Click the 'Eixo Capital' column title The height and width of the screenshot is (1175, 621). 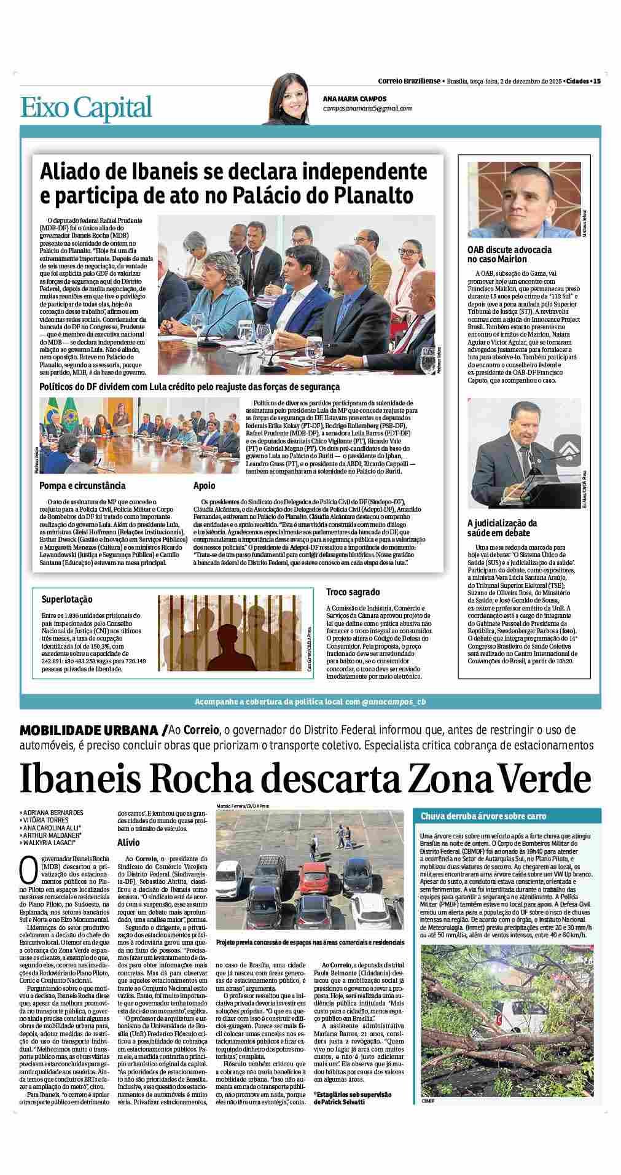pyautogui.click(x=86, y=107)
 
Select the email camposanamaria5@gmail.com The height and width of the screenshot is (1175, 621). pyautogui.click(x=367, y=108)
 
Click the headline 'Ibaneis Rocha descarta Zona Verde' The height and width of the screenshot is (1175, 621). pyautogui.click(x=305, y=779)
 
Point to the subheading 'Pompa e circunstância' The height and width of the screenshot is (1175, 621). pyautogui.click(x=82, y=486)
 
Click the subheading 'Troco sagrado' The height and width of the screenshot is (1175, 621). pyautogui.click(x=353, y=592)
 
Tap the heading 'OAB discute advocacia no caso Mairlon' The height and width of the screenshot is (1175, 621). pyautogui.click(x=509, y=254)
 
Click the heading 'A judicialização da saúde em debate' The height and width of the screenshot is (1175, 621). pyautogui.click(x=502, y=528)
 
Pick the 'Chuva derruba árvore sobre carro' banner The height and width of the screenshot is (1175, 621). pyautogui.click(x=483, y=816)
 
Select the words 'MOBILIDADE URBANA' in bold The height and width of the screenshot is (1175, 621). pyautogui.click(x=90, y=730)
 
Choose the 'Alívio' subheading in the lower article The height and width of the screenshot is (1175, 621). pyautogui.click(x=128, y=843)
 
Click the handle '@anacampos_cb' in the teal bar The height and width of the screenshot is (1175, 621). pyautogui.click(x=393, y=701)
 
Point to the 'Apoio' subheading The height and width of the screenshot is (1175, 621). pyautogui.click(x=204, y=486)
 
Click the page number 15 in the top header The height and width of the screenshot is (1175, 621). pyautogui.click(x=596, y=81)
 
